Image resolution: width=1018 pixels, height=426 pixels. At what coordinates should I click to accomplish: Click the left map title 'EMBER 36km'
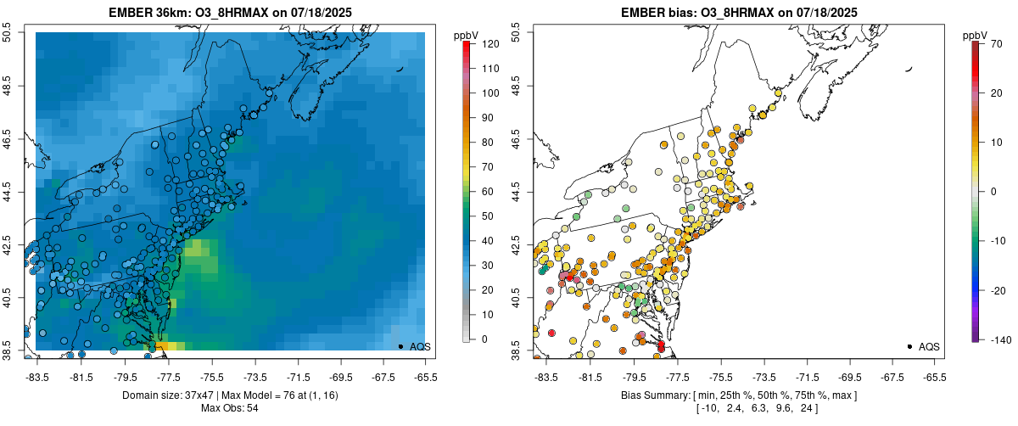pos(147,13)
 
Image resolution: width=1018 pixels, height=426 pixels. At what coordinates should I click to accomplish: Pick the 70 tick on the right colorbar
pos(997,43)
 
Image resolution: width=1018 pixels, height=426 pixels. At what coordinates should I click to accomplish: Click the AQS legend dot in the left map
pos(400,346)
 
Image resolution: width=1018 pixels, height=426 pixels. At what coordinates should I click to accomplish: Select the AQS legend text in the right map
pos(929,346)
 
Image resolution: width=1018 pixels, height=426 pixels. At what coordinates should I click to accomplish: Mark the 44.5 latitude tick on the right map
pos(517,192)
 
